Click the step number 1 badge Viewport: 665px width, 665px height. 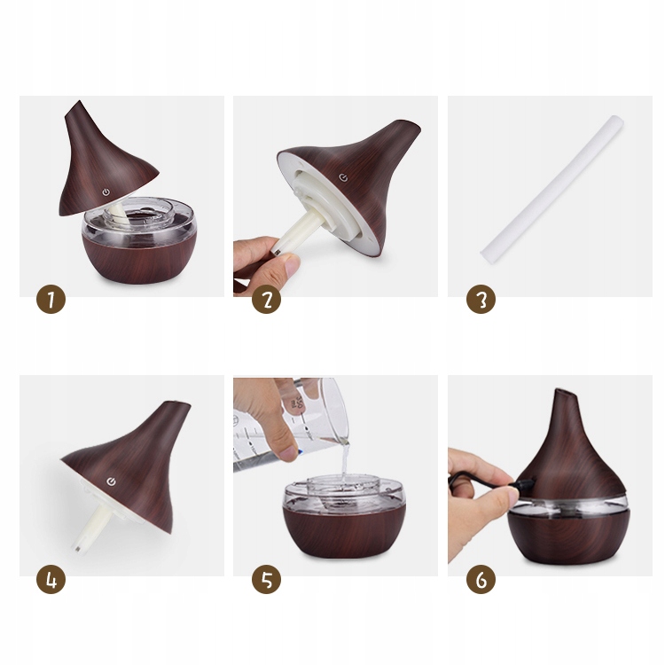[x=51, y=299]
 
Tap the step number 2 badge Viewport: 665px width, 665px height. [x=266, y=299]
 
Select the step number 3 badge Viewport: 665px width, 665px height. [x=481, y=299]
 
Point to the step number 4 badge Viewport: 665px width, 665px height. [x=51, y=579]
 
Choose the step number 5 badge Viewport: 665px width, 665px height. [x=266, y=579]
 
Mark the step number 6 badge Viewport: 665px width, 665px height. [x=481, y=579]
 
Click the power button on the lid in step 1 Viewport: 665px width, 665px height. [x=106, y=193]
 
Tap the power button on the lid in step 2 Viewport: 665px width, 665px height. [x=343, y=177]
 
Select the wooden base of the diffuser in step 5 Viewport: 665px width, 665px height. [x=343, y=531]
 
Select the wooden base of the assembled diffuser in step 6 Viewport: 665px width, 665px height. [x=568, y=536]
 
